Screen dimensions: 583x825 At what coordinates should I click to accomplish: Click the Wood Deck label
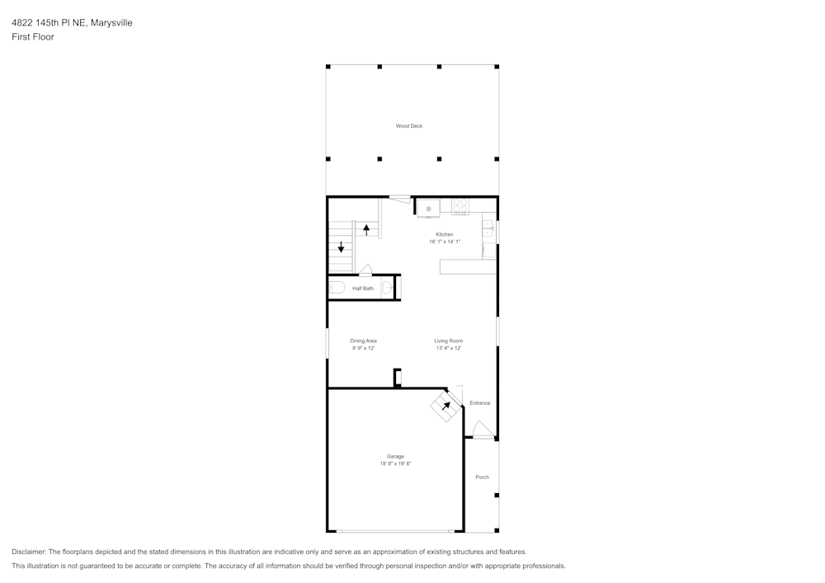409,126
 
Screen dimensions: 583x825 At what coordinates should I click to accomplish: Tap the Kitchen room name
445,234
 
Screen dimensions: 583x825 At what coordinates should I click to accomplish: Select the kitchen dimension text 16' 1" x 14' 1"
445,242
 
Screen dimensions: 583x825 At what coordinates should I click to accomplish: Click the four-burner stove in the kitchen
460,207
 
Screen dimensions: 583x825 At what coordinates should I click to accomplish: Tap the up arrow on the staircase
366,229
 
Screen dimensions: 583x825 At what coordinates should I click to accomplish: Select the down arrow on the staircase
341,247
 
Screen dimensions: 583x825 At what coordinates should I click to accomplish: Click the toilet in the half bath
337,288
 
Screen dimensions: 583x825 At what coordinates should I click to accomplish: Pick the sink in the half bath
386,288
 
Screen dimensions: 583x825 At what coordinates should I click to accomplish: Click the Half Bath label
363,289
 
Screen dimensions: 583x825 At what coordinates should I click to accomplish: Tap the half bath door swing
365,269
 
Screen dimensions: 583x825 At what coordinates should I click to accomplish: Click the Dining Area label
363,341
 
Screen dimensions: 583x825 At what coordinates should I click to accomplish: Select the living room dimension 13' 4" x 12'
449,348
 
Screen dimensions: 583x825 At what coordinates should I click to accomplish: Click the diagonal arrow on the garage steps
445,406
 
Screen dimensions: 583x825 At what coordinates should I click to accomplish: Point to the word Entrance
479,403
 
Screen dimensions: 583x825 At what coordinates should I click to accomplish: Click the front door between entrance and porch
483,430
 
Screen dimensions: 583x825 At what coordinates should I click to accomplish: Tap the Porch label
482,477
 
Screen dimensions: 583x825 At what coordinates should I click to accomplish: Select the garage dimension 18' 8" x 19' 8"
395,464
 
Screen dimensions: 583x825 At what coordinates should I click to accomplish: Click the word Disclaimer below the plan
29,552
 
